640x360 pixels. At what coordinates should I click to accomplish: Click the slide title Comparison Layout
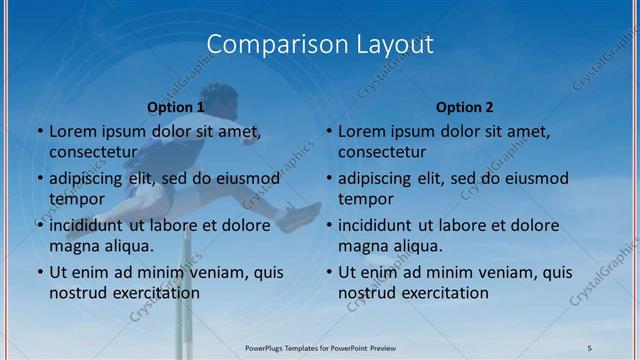point(320,45)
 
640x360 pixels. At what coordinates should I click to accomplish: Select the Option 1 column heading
point(175,106)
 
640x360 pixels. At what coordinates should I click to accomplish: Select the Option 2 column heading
point(465,106)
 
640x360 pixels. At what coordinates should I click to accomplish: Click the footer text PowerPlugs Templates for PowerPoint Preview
point(320,347)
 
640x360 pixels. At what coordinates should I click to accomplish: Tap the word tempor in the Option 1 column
point(76,199)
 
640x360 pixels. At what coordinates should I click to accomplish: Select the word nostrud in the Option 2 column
point(367,293)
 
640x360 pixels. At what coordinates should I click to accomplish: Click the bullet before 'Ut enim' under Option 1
point(39,272)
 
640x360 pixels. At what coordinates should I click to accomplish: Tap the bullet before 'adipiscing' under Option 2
point(328,179)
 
